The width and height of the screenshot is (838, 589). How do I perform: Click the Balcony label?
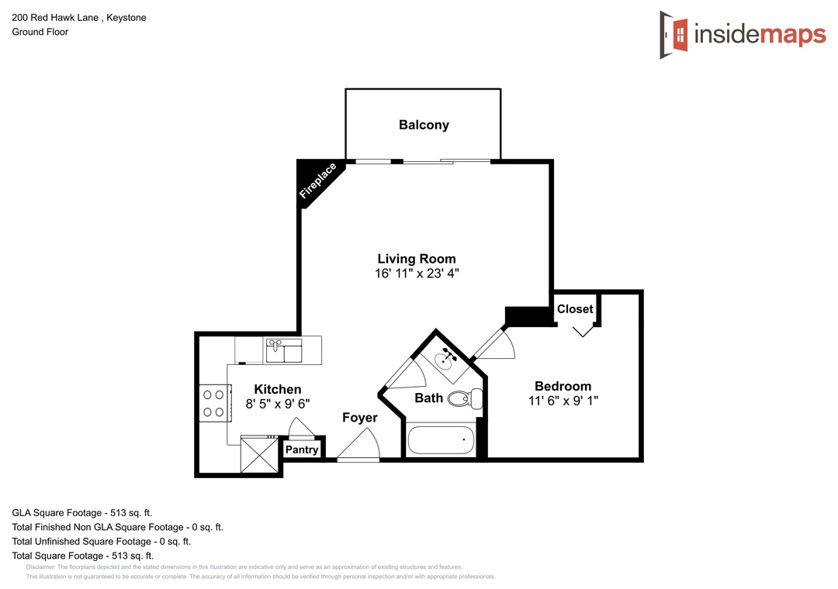[x=424, y=125]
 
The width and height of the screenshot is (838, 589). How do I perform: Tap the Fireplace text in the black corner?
[x=318, y=181]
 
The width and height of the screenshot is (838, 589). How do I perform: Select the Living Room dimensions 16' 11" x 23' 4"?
[x=417, y=274]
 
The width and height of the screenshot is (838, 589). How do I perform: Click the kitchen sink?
[x=284, y=351]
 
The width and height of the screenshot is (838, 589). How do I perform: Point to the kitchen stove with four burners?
[x=215, y=403]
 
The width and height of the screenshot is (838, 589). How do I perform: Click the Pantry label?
[x=302, y=449]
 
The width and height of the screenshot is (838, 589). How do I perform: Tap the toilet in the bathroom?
[x=465, y=399]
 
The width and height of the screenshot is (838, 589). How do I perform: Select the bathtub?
[x=441, y=440]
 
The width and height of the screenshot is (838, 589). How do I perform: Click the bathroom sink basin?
[x=445, y=360]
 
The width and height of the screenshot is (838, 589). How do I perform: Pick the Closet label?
[x=575, y=309]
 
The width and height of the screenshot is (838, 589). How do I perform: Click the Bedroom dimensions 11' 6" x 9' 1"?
[x=563, y=401]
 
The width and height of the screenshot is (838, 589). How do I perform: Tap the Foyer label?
[x=360, y=418]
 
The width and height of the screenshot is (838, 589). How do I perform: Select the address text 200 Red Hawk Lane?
[x=55, y=18]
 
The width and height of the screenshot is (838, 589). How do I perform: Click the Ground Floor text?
[x=40, y=32]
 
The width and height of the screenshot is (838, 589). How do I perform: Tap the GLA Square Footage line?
[x=81, y=513]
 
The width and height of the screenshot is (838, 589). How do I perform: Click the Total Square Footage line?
[x=83, y=556]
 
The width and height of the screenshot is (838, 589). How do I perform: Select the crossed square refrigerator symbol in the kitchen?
[x=259, y=454]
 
